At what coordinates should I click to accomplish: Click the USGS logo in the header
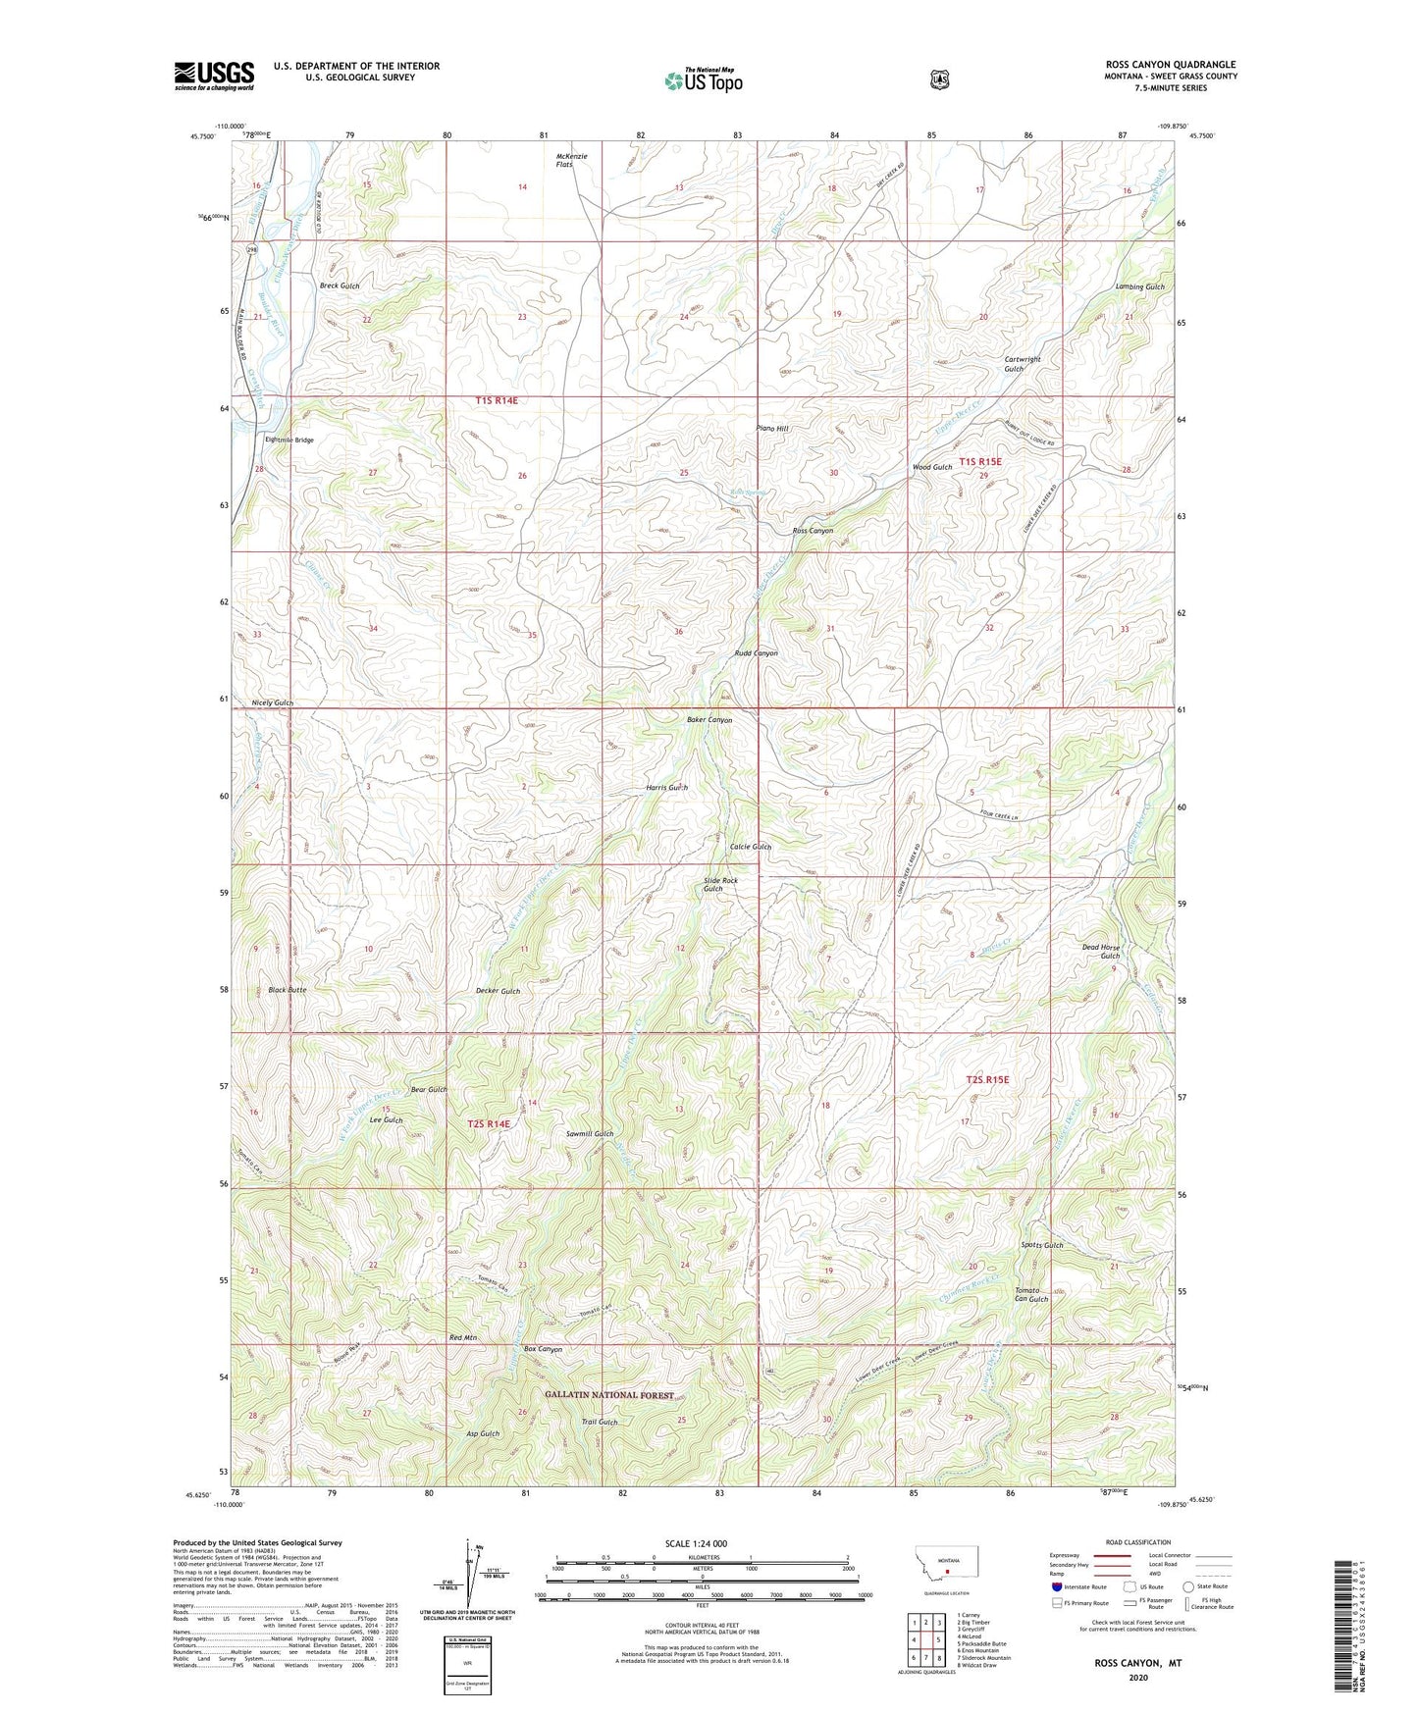(214, 76)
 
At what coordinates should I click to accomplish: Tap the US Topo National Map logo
(702, 80)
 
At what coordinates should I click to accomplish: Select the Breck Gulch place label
(340, 285)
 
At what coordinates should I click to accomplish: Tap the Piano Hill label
(772, 429)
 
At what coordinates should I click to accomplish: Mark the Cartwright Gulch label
(1022, 364)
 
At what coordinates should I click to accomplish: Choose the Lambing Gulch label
(1139, 286)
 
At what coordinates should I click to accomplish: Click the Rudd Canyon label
(756, 652)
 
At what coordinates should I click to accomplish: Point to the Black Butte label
(288, 990)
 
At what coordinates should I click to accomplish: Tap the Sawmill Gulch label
(590, 1133)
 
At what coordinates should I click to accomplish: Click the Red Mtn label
(461, 1337)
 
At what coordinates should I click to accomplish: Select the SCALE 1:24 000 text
(695, 1543)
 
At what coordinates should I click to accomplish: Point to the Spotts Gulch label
(1041, 1245)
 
